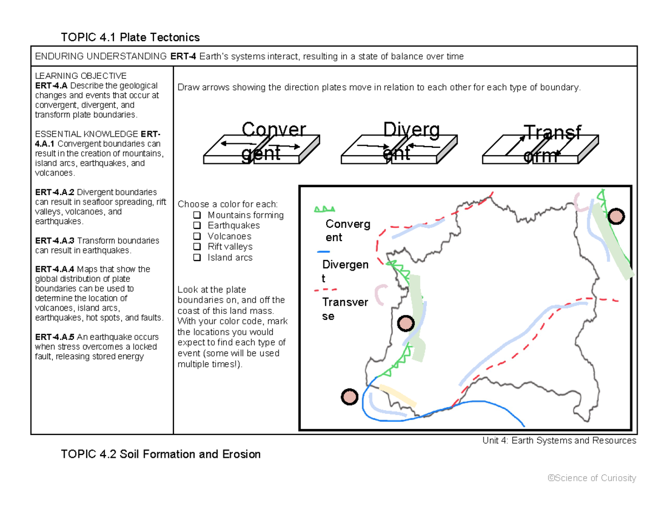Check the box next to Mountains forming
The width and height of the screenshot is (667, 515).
coord(196,215)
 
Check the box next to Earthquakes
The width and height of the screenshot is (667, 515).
coord(196,226)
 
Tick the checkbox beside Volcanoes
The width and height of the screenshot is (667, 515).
coord(196,236)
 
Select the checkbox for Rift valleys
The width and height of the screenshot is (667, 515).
coord(196,247)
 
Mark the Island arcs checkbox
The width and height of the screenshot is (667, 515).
coord(196,257)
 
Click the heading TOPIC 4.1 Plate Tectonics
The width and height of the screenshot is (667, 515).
coord(130,37)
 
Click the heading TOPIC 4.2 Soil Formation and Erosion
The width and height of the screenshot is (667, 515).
coord(161,454)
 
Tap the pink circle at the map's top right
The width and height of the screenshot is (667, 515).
coord(616,216)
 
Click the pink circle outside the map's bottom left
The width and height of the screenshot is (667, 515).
coord(349,397)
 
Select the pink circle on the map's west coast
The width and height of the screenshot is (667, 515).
coord(406,323)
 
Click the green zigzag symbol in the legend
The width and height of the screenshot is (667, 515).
coord(325,209)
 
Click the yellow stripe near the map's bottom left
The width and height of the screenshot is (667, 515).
coord(397,394)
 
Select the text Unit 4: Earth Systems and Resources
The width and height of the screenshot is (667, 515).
coord(559,441)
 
